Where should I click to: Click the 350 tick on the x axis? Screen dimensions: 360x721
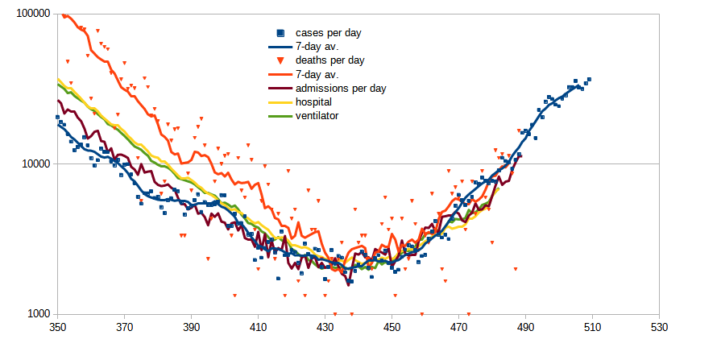point(57,329)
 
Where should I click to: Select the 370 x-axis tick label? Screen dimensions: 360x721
point(124,329)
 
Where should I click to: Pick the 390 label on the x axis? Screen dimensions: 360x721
point(191,329)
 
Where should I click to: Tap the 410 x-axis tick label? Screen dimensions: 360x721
point(258,329)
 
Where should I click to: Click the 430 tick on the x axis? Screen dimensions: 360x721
point(325,329)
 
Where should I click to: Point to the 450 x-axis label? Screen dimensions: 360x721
point(392,329)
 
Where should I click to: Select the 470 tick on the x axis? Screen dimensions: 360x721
point(458,329)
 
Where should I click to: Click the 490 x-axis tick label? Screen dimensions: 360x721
point(525,329)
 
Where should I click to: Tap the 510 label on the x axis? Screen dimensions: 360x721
point(592,329)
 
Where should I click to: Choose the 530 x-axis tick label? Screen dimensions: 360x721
point(659,329)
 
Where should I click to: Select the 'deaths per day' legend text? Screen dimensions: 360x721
point(330,60)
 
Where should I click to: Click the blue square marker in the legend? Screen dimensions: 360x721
point(280,33)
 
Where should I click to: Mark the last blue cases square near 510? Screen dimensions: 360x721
point(589,80)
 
